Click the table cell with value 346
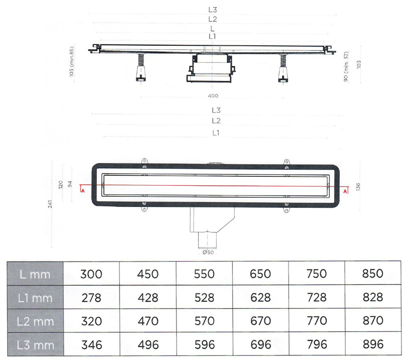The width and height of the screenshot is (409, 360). point(91,344)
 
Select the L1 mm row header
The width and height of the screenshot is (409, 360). point(35,298)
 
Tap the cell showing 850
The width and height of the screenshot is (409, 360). point(373,274)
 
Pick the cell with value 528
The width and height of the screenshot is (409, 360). point(204,298)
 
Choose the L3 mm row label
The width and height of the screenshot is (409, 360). point(35,345)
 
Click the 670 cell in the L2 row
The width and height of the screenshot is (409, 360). point(260,321)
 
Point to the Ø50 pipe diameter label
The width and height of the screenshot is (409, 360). point(208,252)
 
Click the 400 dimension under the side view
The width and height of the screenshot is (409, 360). point(213,96)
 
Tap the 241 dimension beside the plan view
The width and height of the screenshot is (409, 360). point(50,204)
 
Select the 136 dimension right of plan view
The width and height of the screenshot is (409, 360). point(358,186)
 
